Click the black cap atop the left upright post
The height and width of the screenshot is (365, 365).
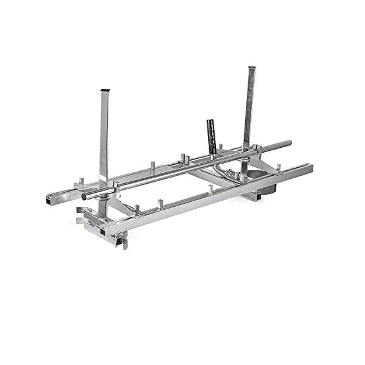pyautogui.click(x=104, y=91)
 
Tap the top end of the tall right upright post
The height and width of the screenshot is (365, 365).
pyautogui.click(x=252, y=68)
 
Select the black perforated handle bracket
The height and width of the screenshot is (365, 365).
pyautogui.click(x=212, y=136)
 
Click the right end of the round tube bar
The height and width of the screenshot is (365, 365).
pyautogui.click(x=288, y=144)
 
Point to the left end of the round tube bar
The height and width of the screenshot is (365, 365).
pyautogui.click(x=86, y=196)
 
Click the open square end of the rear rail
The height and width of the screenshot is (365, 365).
pyautogui.click(x=49, y=199)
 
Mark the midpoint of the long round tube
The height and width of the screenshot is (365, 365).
pyautogui.click(x=187, y=170)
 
